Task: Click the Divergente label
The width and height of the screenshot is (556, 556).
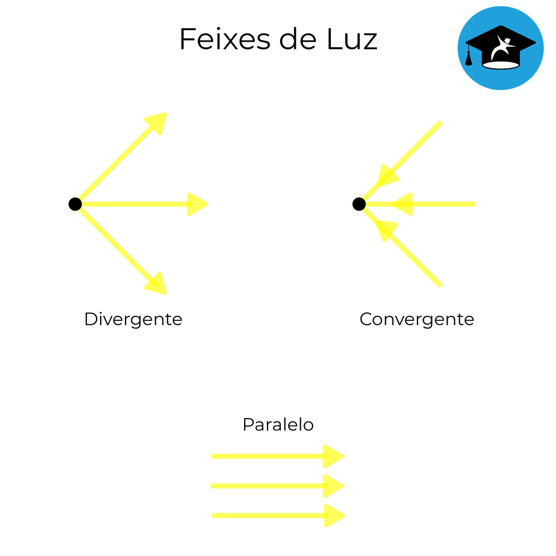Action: click(x=133, y=319)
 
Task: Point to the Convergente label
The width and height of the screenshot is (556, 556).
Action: click(x=416, y=319)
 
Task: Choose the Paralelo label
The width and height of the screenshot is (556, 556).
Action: click(x=278, y=425)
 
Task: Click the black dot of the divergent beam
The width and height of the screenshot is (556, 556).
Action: click(x=75, y=204)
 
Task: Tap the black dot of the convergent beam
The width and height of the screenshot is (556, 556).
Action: click(x=359, y=204)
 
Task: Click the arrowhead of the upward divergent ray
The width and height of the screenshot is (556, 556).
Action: click(x=157, y=122)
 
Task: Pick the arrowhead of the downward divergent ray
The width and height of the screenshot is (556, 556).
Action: click(x=157, y=284)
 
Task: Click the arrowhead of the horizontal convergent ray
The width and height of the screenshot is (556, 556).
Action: click(x=403, y=204)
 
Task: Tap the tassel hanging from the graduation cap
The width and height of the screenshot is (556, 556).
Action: click(x=469, y=57)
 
